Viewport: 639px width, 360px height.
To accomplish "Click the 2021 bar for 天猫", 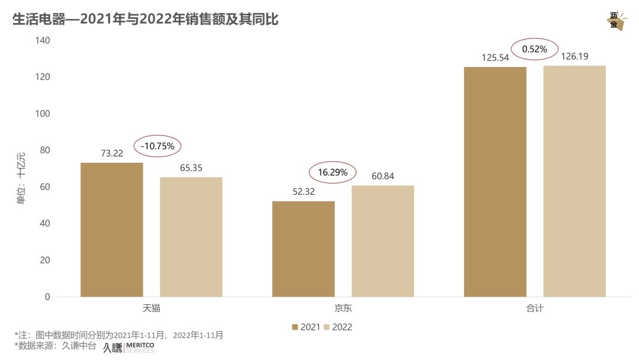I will coord(112,230).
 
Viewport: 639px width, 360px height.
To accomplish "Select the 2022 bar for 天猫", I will coord(191,237).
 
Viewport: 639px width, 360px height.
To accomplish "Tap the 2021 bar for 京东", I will coord(304,249).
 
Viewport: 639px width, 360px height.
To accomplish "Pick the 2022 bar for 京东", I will coord(383,241).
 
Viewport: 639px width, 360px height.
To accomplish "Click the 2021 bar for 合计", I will coord(495,182).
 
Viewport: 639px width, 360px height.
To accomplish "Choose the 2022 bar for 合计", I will coord(575,181).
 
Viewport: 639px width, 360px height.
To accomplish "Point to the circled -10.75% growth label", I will coord(158,146).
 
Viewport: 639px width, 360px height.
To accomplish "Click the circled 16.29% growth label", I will coord(333,173).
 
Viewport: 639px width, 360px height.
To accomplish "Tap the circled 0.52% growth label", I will coord(534,49).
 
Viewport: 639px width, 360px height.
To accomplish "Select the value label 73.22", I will coord(112,153).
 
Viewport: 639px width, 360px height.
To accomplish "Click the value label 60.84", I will coord(383,176).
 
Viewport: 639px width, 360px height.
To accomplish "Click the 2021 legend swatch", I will coord(295,327).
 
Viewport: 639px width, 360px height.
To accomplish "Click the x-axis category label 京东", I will coord(343,308).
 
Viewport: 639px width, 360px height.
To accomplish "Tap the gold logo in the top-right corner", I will coord(615,21).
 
